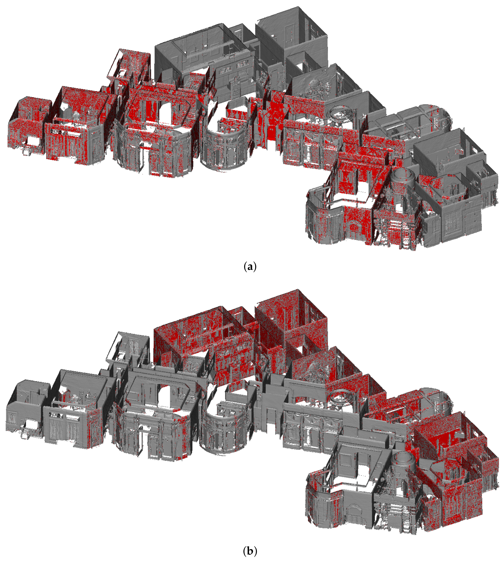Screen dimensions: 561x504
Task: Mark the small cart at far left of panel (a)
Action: (27, 151)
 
